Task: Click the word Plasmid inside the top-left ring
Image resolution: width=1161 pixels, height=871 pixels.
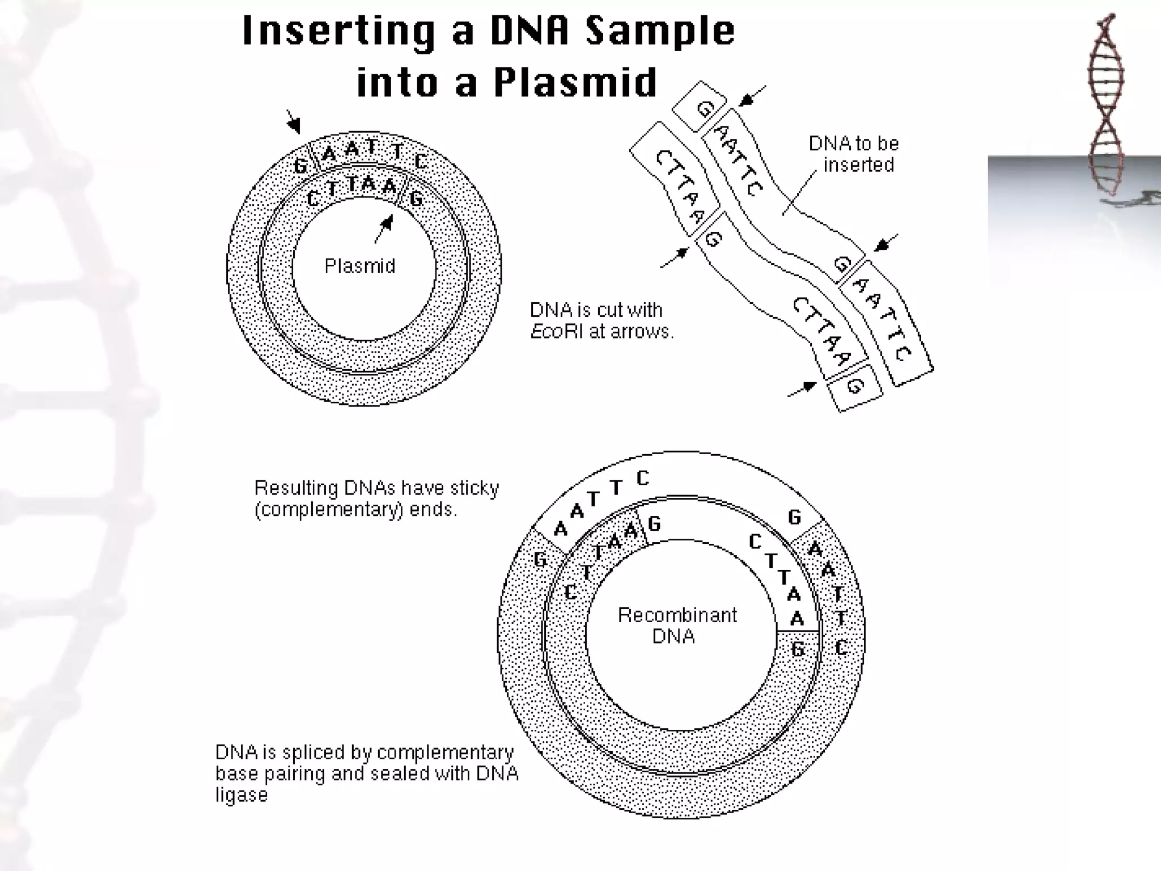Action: pos(359,265)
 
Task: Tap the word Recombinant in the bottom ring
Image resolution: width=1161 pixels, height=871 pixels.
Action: pos(677,615)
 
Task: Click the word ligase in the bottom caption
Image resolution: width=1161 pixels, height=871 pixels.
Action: pos(241,794)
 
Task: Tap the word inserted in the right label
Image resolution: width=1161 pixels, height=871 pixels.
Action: pos(858,165)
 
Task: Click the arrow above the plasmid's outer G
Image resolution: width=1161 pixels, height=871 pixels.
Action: pos(293,121)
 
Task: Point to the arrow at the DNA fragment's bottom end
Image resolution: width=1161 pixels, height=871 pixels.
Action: pos(802,389)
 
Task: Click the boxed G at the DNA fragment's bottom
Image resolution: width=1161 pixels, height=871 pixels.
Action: pos(855,387)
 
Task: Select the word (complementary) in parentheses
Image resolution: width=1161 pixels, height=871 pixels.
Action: pos(328,510)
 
